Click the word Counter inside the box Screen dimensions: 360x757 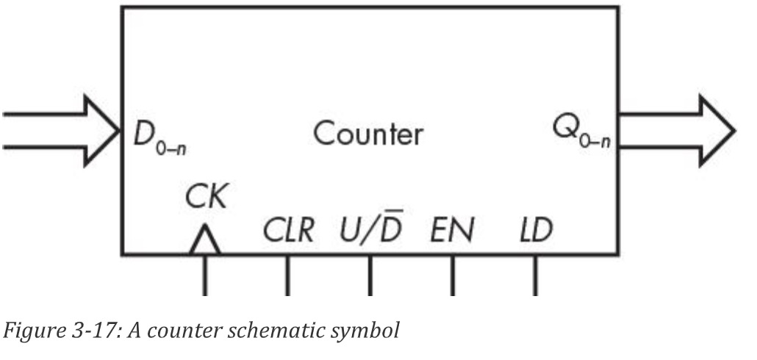point(367,134)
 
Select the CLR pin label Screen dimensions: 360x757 point(288,232)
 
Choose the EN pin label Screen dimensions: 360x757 point(451,232)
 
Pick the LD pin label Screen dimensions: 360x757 point(534,232)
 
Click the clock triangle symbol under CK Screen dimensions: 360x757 point(205,242)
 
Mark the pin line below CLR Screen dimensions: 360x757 point(287,275)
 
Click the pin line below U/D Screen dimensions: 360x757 point(370,275)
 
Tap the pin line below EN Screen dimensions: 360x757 point(452,275)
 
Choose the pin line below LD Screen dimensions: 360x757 point(534,275)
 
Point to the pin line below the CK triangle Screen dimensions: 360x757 point(205,275)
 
